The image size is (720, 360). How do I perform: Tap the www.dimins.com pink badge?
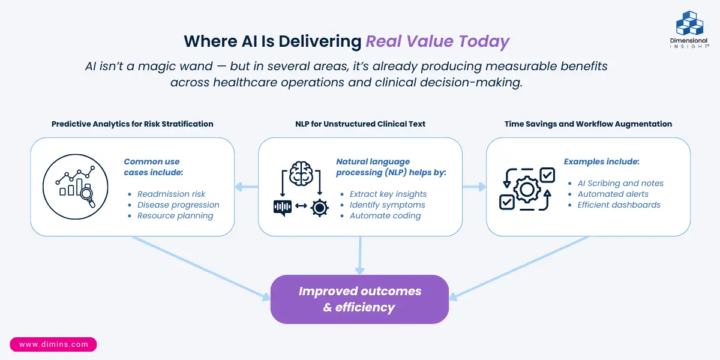point(53,344)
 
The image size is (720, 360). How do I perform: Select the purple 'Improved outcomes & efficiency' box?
point(360,299)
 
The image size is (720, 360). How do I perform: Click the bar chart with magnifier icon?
point(75,187)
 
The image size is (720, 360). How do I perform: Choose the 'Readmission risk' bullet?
point(171,194)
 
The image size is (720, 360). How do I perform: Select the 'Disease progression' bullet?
point(178,205)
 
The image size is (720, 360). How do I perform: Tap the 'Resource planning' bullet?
point(175,215)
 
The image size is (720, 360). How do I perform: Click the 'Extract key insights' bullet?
point(388,194)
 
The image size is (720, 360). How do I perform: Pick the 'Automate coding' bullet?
point(385,215)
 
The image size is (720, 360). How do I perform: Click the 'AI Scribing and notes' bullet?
point(620,183)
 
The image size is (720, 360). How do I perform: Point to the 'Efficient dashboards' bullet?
point(619,205)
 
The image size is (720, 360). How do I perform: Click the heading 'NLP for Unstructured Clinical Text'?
point(360,124)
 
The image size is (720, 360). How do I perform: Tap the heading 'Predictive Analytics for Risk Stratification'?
point(133,124)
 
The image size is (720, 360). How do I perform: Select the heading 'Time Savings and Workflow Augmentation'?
point(588,124)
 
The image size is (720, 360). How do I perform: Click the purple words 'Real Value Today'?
point(437,41)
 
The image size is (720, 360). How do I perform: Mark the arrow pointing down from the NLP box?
point(360,255)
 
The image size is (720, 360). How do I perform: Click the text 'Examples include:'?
point(601,161)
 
